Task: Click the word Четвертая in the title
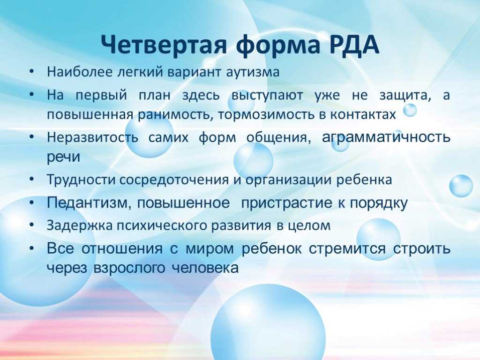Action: click(164, 45)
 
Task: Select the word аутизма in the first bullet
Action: click(253, 72)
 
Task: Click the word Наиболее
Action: click(80, 72)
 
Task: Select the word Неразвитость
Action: click(92, 137)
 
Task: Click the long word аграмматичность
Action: click(386, 137)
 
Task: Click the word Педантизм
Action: click(87, 202)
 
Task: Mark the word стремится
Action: click(347, 248)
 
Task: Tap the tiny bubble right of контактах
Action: click(410, 110)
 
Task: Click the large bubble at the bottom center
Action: click(268, 324)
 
